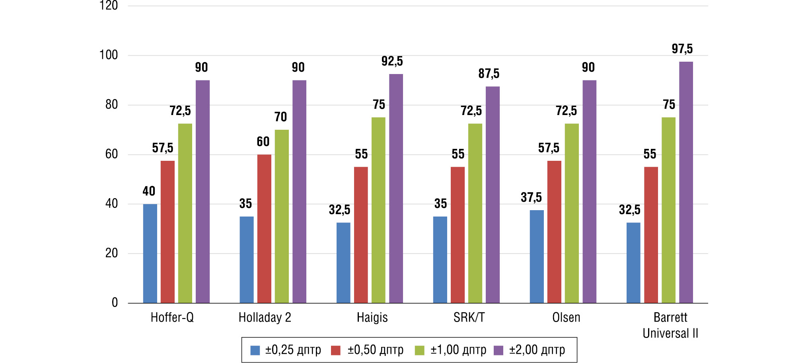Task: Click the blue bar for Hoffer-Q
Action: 150,254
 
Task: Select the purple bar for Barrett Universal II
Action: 686,182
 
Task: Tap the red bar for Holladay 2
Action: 264,229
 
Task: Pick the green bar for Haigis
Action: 378,210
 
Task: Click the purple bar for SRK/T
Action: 493,195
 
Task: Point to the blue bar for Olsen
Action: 537,257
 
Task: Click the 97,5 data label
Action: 682,49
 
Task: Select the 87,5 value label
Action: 489,74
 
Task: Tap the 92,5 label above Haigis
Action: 392,61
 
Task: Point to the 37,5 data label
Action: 531,197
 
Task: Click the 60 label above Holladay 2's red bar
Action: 263,142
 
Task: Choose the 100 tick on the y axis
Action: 109,55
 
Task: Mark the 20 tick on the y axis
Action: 112,253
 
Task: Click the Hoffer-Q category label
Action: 172,318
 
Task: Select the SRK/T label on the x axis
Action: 469,318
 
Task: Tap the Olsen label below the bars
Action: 566,318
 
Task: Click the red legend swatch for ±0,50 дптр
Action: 336,350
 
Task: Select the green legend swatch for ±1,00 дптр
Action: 419,350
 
